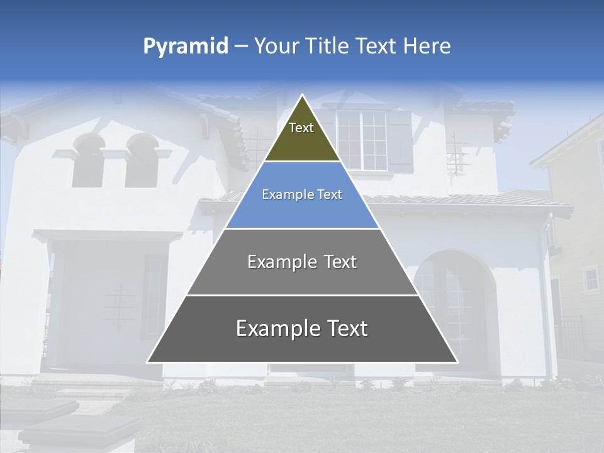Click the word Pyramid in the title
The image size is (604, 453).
[x=186, y=47]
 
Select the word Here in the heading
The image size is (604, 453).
[x=427, y=46]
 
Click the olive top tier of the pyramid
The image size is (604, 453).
[x=302, y=135]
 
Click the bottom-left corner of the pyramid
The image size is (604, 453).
[x=148, y=362]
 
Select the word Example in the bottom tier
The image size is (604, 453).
[x=276, y=328]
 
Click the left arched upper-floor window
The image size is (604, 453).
[x=87, y=162]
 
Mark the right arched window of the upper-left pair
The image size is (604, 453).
[x=141, y=162]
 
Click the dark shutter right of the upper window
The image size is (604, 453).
[x=400, y=141]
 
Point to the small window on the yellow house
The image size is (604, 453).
[x=590, y=279]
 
